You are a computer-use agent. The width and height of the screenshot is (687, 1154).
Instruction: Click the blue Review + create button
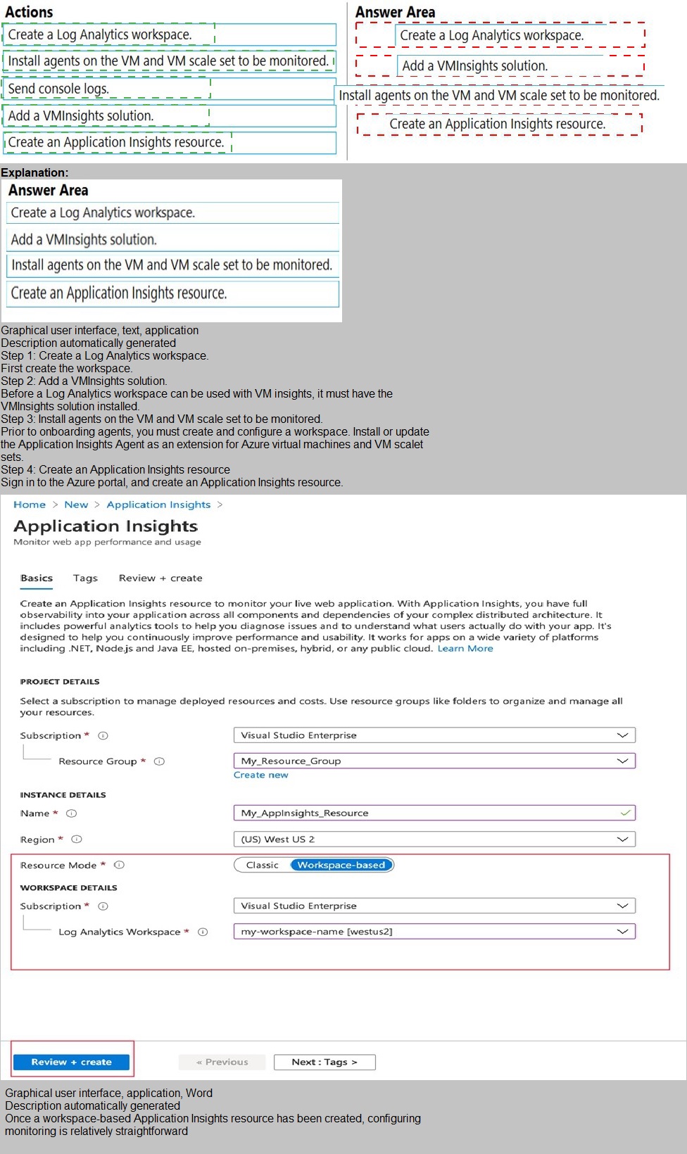tap(71, 1062)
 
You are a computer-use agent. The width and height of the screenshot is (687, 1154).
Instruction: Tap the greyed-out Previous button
tap(222, 1062)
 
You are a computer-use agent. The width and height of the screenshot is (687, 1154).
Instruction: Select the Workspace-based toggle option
tap(341, 865)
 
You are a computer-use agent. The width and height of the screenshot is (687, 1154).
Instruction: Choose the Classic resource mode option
tap(263, 865)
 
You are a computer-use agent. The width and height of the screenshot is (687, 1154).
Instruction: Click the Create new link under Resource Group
tap(260, 775)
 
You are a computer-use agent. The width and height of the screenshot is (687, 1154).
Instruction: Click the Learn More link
tap(465, 648)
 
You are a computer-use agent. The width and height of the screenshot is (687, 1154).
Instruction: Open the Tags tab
tap(85, 578)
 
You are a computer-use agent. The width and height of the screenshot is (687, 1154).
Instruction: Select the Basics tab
tap(37, 578)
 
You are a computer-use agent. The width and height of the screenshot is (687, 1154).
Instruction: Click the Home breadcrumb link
tap(30, 505)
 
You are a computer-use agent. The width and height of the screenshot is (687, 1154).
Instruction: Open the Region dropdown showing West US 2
tap(434, 839)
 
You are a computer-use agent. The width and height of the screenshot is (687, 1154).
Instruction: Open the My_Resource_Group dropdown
tap(434, 761)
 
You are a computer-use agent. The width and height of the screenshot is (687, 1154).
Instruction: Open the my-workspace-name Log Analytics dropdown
tap(434, 932)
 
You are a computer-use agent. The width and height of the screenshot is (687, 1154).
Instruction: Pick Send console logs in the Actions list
tap(58, 89)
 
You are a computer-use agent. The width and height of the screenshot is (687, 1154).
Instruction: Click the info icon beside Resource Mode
tap(119, 865)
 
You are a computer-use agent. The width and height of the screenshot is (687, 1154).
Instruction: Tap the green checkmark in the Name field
tap(625, 813)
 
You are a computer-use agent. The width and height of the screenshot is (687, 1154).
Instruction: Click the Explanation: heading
tap(35, 172)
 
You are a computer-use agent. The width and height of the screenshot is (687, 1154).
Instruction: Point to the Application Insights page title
tap(106, 526)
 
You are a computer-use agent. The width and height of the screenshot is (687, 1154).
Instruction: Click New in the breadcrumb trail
tap(76, 505)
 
